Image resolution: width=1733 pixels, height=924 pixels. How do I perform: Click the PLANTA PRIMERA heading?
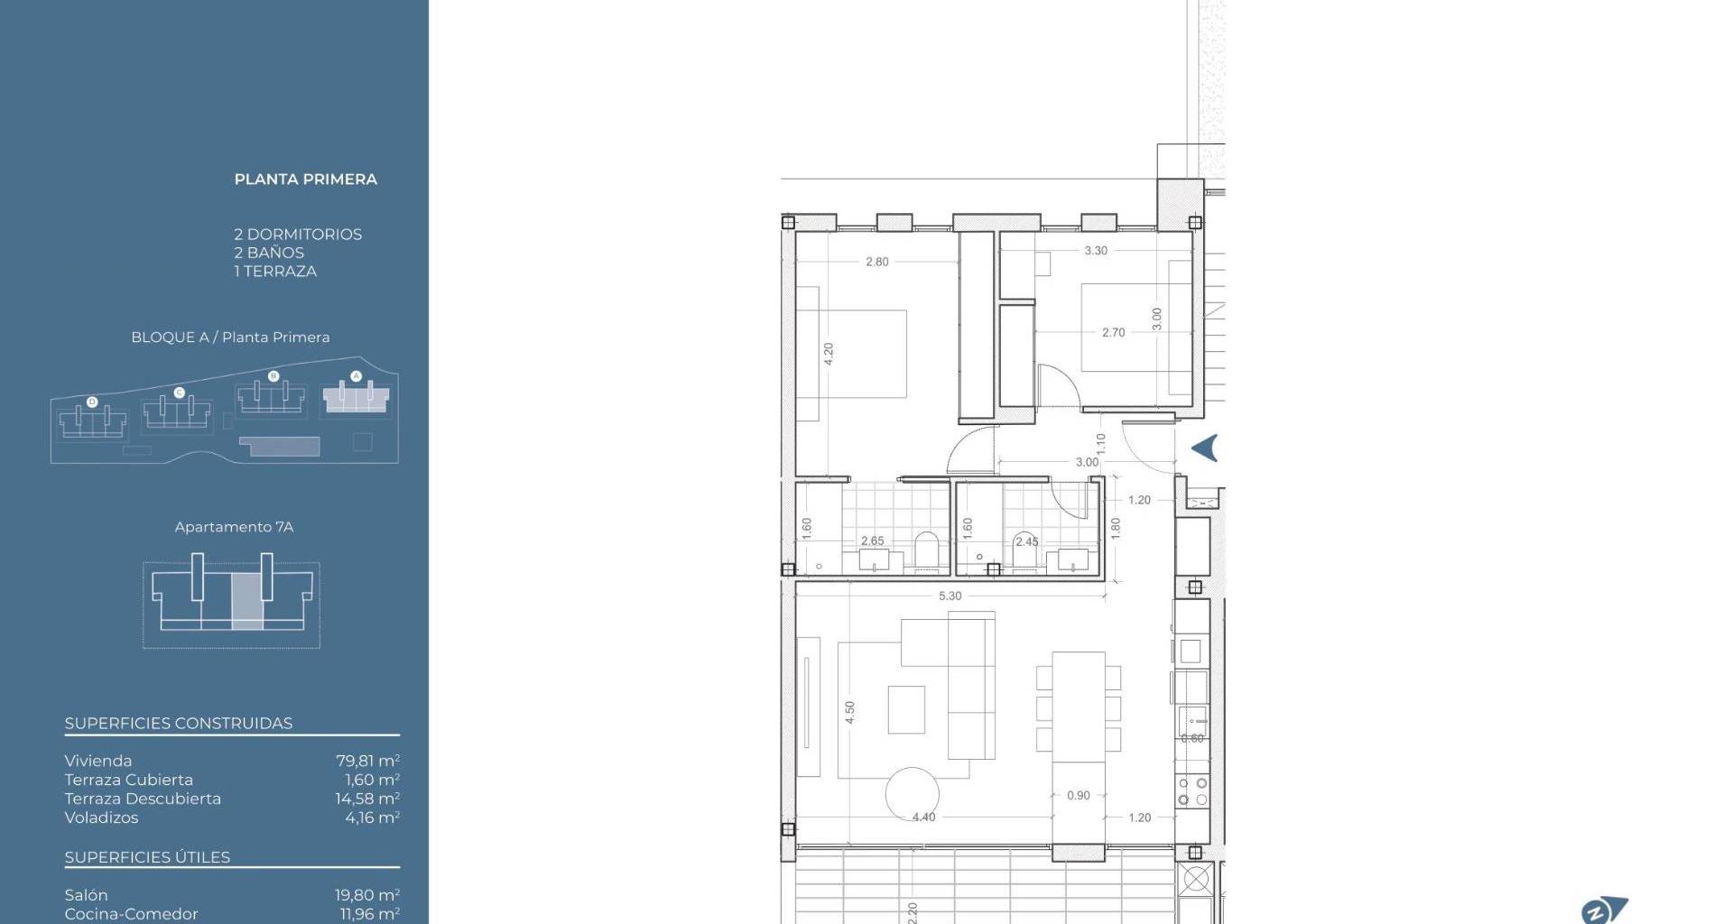pyautogui.click(x=306, y=179)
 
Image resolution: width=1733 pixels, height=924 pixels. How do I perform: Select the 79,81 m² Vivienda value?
pyautogui.click(x=367, y=761)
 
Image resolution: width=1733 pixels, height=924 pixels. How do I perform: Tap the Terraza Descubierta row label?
pyautogui.click(x=143, y=799)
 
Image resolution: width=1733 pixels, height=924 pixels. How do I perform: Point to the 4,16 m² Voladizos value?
pyautogui.click(x=372, y=818)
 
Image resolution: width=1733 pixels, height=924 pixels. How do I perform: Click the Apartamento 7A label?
pyautogui.click(x=234, y=527)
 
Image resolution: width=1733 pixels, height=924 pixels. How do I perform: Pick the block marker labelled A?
pyautogui.click(x=356, y=375)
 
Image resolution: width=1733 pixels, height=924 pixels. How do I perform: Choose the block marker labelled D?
pyautogui.click(x=92, y=402)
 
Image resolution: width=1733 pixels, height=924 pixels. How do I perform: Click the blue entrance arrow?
pyautogui.click(x=1205, y=448)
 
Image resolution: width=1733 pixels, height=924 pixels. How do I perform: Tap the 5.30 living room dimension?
pyautogui.click(x=950, y=596)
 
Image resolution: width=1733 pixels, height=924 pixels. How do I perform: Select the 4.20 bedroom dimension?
pyautogui.click(x=829, y=354)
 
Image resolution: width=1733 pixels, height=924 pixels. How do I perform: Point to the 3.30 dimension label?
pyautogui.click(x=1096, y=251)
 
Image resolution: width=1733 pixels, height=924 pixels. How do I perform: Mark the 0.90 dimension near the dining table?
pyautogui.click(x=1078, y=795)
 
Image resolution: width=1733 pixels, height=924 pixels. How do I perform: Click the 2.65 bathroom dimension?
pyautogui.click(x=872, y=541)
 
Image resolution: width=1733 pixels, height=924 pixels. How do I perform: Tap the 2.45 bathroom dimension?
pyautogui.click(x=1026, y=541)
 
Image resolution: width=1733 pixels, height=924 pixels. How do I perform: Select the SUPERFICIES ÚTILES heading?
pyautogui.click(x=147, y=857)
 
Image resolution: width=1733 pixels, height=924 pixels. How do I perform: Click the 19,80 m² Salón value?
pyautogui.click(x=367, y=895)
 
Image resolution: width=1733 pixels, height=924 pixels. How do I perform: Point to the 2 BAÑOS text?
pyautogui.click(x=269, y=253)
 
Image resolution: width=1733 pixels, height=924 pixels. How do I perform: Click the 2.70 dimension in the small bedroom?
pyautogui.click(x=1113, y=332)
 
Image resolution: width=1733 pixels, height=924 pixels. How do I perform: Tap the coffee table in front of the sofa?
pyautogui.click(x=906, y=709)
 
